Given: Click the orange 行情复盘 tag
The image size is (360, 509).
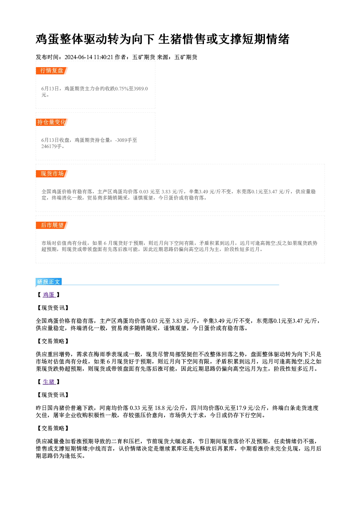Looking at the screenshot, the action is (x=52, y=71).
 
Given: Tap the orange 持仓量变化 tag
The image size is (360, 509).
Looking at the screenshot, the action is (x=52, y=122).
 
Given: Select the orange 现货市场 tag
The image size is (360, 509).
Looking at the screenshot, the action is (x=52, y=174).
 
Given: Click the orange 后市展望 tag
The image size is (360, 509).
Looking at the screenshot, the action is (x=52, y=225).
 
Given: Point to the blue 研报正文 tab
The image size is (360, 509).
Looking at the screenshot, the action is (x=49, y=282).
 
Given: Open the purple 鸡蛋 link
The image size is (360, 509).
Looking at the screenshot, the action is (x=49, y=295).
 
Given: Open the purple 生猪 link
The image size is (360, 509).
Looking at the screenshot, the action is (x=49, y=382).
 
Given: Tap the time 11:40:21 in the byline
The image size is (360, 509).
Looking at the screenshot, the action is (x=103, y=57).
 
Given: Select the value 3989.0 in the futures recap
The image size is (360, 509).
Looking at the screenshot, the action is (x=140, y=89).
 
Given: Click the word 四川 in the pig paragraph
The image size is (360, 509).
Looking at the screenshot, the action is (x=196, y=408).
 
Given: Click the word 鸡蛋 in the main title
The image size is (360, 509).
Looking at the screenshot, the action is (x=48, y=39).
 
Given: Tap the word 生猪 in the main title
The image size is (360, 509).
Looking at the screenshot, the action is (x=169, y=39).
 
